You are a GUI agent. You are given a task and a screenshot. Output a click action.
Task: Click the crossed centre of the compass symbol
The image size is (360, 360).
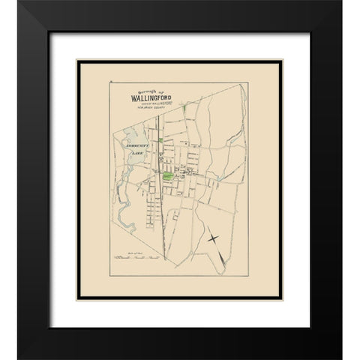(213, 238)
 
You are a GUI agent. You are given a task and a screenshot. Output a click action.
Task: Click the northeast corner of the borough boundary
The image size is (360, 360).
(245, 85)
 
